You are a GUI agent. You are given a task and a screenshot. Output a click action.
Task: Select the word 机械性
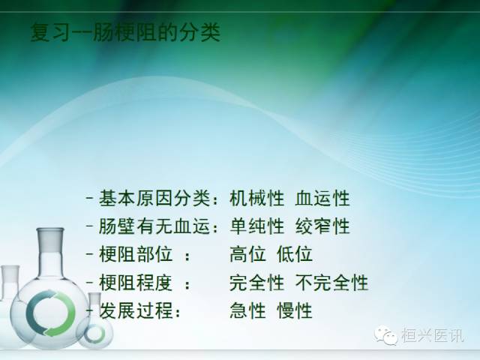[256, 199]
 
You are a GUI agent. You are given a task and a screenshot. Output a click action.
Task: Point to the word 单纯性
[256, 226]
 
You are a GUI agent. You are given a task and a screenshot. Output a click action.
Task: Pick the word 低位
[295, 254]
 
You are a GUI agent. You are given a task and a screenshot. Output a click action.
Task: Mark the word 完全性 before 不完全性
[256, 283]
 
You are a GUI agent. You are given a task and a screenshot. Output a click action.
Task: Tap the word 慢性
[295, 310]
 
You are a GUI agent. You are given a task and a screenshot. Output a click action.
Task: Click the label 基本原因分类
[151, 199]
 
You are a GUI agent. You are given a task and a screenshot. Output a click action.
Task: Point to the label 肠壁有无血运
[151, 226]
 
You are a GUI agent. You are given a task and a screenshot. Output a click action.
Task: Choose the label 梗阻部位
[132, 254]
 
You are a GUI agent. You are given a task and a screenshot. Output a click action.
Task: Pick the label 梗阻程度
[132, 283]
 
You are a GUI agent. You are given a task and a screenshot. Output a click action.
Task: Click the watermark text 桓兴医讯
[433, 337]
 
